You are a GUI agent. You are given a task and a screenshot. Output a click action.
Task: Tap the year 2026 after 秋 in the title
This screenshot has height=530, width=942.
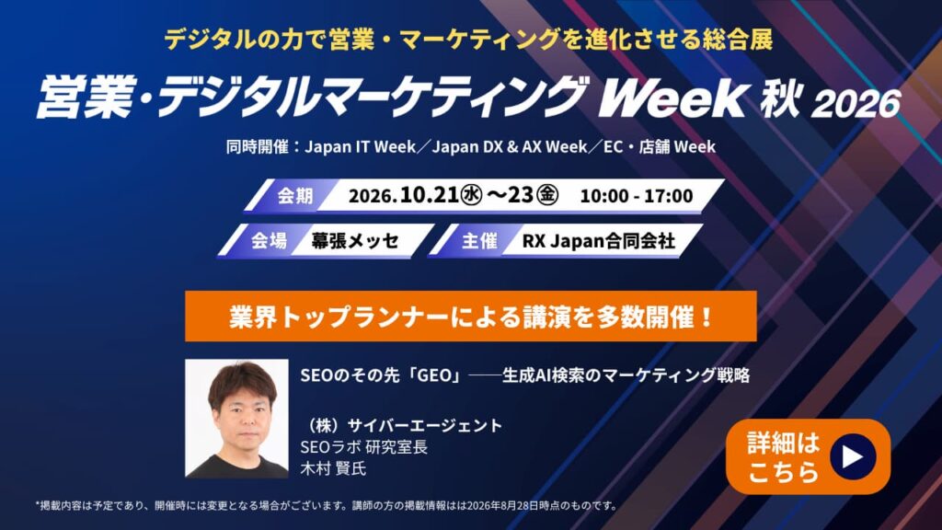[x=856, y=103]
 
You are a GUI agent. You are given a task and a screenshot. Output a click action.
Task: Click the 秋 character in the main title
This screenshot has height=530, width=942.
[x=780, y=99]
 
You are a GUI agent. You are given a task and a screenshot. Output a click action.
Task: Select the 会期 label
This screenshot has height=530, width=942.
[x=295, y=196]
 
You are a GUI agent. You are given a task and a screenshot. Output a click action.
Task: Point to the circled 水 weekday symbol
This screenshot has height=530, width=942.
[x=471, y=195]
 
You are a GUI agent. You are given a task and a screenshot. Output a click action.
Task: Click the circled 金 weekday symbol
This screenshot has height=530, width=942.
[x=547, y=195]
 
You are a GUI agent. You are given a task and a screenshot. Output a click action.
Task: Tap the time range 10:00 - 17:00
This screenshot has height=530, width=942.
[x=637, y=196]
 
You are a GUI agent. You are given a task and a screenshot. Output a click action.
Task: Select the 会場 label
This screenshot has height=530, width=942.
[x=269, y=241]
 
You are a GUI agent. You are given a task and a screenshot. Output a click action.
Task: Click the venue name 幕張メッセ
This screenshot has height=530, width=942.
[x=355, y=241]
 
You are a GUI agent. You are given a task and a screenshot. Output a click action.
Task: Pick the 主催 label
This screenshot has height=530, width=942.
[x=478, y=241]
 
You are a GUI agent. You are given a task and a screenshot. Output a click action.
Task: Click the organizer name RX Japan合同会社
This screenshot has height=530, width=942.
[x=598, y=241]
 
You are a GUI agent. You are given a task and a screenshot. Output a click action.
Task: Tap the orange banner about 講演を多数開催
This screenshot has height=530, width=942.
[x=471, y=317]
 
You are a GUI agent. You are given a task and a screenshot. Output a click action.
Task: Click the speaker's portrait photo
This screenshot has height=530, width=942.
[x=236, y=419]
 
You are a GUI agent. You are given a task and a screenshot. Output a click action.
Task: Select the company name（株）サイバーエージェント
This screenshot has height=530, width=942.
[x=402, y=425]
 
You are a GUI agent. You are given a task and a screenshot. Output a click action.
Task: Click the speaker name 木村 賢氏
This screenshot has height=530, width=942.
[x=333, y=468]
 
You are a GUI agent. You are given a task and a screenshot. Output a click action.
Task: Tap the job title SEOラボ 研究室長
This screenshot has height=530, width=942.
[x=364, y=446]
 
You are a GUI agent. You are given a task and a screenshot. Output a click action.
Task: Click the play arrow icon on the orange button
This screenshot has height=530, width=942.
[x=853, y=456]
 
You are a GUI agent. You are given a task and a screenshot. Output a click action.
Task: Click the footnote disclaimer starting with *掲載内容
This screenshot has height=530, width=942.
[x=327, y=505]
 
